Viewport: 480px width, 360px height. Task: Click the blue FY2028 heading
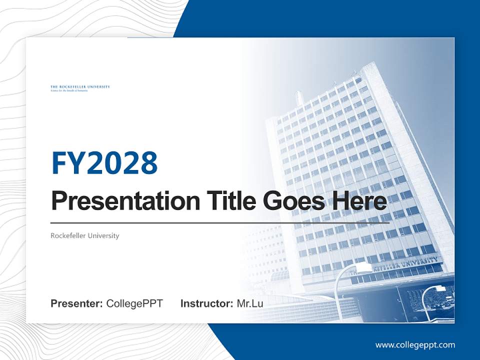(104, 162)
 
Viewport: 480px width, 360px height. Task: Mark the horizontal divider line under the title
(220, 222)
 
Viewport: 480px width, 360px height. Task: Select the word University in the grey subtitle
(103, 235)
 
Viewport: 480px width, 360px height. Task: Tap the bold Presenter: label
(77, 303)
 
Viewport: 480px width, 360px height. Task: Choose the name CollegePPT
(134, 303)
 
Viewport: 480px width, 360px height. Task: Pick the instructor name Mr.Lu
(250, 303)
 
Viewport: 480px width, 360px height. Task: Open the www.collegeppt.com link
(415, 345)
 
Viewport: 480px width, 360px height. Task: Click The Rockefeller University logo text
(80, 87)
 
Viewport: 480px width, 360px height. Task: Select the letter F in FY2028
(59, 162)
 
